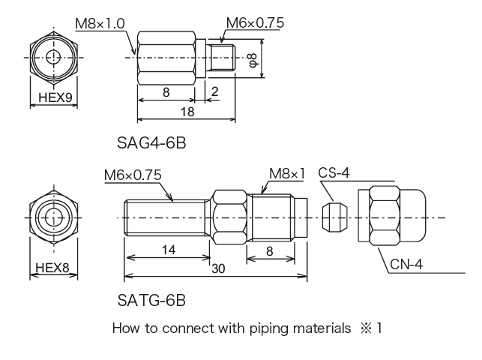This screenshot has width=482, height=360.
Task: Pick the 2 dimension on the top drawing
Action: coord(215,91)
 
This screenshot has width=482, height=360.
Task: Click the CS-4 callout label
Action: coord(334,172)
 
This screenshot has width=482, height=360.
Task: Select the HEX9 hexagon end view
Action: coord(52,58)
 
